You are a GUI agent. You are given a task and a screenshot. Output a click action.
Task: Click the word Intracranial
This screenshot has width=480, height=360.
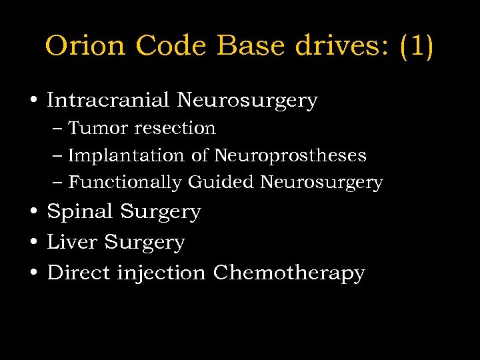click(x=109, y=101)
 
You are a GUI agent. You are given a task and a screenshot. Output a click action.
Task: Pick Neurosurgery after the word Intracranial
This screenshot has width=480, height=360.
click(x=247, y=101)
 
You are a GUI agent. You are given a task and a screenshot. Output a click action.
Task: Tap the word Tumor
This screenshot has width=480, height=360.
click(x=95, y=128)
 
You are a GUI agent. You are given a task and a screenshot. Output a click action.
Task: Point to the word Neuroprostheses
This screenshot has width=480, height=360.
click(x=290, y=155)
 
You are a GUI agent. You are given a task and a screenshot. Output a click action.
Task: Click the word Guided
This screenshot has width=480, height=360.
click(x=221, y=182)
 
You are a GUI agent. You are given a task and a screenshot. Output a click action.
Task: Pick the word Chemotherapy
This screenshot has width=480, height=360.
click(x=289, y=273)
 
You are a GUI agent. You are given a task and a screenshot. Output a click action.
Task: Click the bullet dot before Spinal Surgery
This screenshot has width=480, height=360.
click(x=33, y=212)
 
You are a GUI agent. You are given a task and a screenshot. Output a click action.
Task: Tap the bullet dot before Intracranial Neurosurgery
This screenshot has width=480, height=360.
click(x=33, y=101)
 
